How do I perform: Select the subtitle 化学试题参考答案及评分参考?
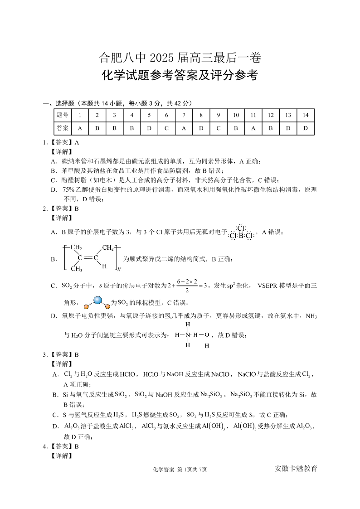180,75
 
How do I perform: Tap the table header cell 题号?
63,115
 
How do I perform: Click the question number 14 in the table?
305,115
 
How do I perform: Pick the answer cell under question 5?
149,128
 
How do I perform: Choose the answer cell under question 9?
218,128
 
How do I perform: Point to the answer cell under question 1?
80,128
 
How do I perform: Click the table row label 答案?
63,128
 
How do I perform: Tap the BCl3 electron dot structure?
241,232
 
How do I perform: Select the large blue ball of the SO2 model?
98,300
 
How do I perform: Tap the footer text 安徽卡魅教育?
296,468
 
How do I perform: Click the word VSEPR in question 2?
270,286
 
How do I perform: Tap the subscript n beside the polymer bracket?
119,270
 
